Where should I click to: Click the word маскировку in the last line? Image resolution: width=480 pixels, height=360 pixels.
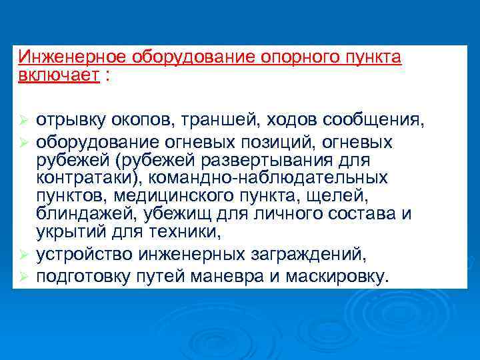coord(336,275)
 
